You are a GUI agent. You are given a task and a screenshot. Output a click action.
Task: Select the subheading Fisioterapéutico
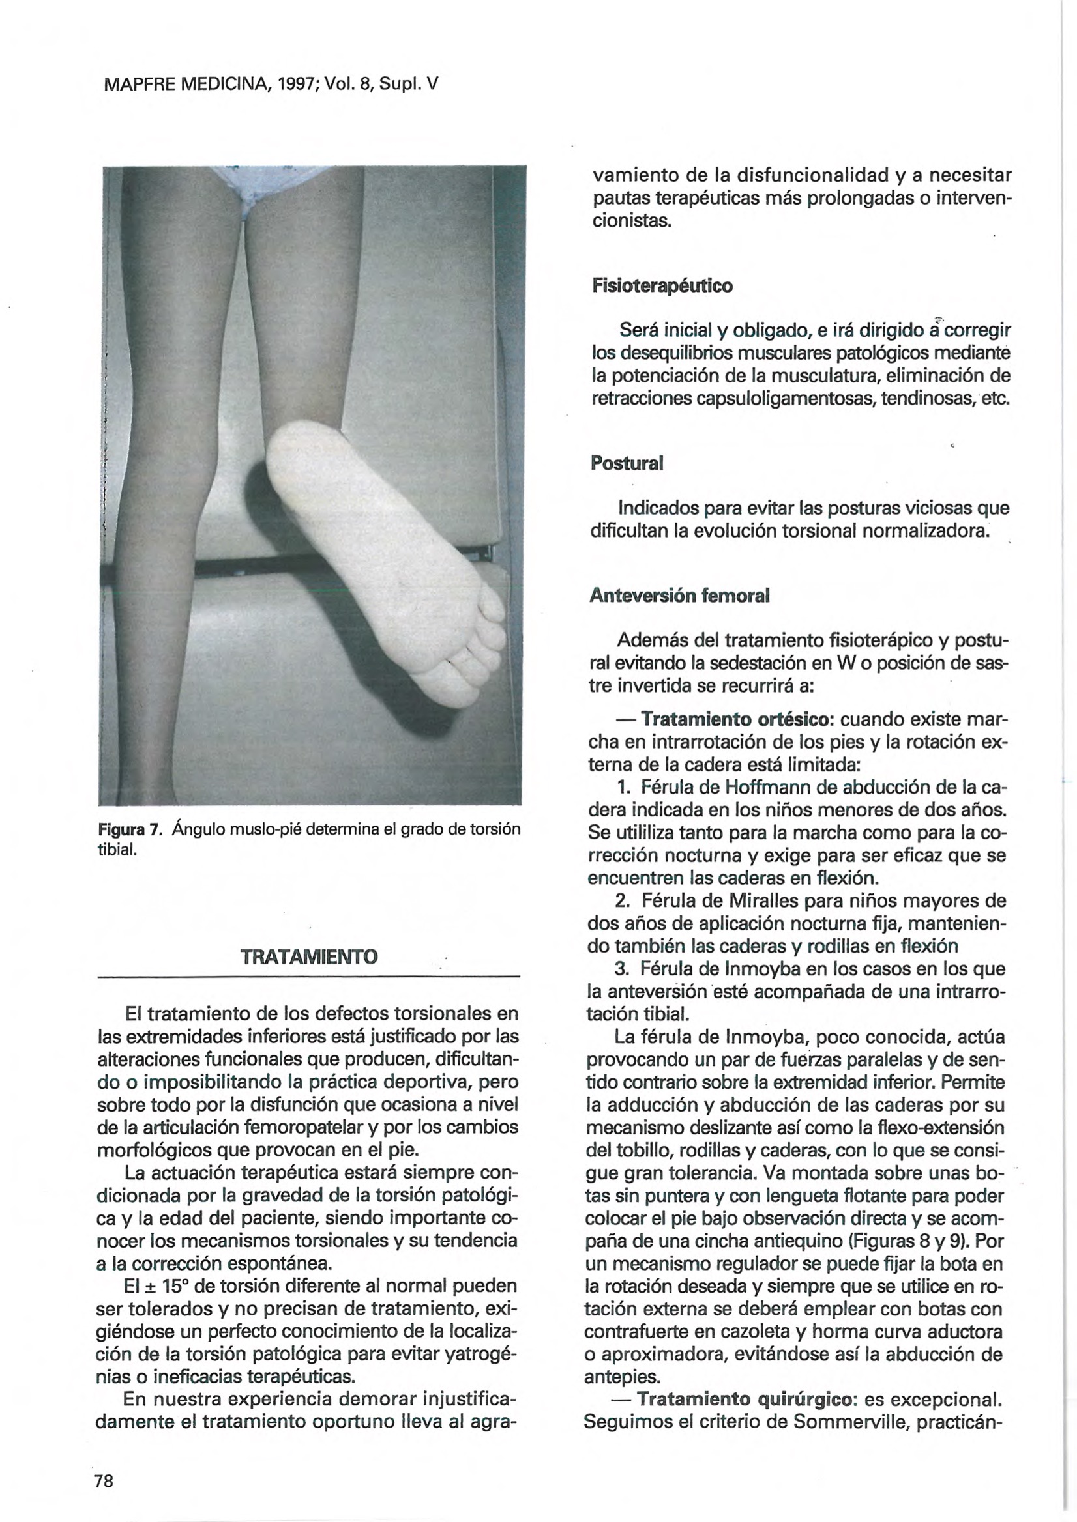(662, 287)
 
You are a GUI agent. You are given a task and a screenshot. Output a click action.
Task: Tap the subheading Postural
(627, 463)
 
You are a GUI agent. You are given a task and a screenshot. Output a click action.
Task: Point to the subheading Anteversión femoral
(679, 596)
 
